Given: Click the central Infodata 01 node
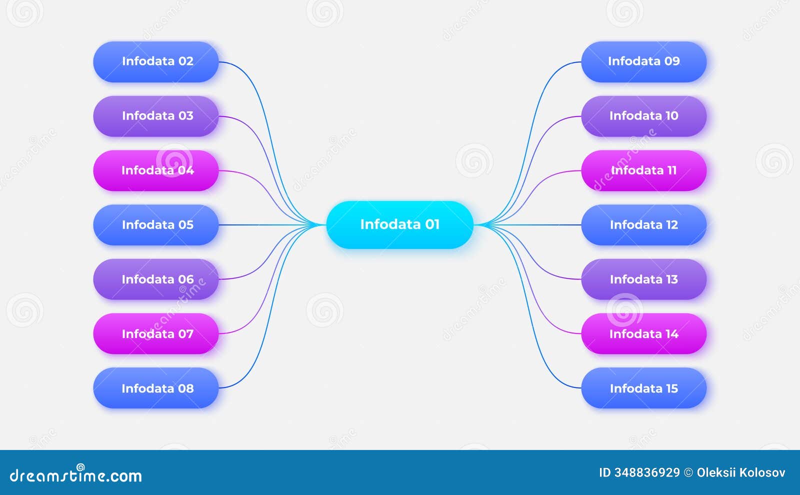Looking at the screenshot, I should pos(399,224).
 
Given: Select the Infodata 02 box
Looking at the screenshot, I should pos(156,61).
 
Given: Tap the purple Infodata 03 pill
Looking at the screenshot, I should pos(156,116).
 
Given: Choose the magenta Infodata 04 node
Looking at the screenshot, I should pos(156,170).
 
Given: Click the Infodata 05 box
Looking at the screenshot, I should pos(156,225).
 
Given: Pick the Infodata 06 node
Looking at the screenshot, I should pos(156,279).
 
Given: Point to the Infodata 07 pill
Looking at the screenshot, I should pos(156,333).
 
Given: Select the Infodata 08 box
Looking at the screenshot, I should pos(156,388).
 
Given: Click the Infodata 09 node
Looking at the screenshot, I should pos(643,61).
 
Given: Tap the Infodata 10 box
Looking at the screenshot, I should pos(643,116).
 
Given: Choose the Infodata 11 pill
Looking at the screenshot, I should pos(643,170).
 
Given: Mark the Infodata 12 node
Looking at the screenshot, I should pos(643,225).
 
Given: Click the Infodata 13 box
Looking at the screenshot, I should pos(643,279).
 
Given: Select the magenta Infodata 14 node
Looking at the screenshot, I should pos(643,333).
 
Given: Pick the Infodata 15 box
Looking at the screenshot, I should pos(643,388).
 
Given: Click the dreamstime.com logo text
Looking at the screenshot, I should pos(76,475).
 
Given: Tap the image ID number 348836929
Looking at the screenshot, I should pos(646,472).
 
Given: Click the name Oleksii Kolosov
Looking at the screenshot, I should pos(740,472).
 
